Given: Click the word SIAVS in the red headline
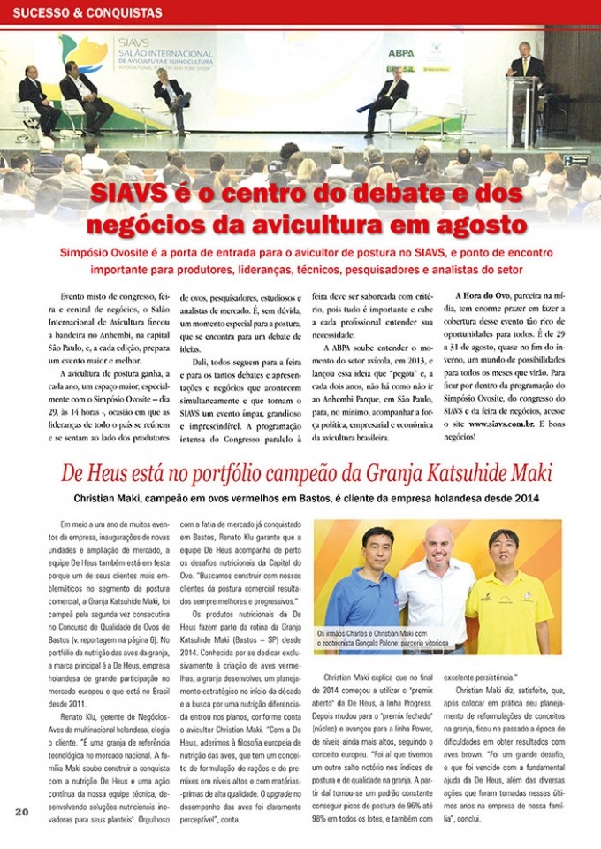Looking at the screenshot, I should [x=135, y=194].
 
